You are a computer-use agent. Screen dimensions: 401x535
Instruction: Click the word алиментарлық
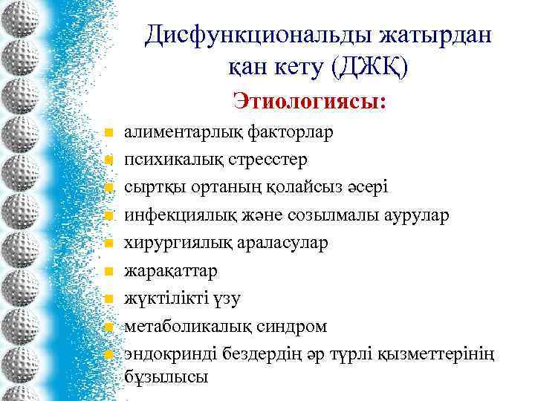click(x=172, y=133)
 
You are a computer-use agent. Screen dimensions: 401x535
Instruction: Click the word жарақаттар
click(x=170, y=271)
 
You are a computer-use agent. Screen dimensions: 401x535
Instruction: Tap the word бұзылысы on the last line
click(x=166, y=377)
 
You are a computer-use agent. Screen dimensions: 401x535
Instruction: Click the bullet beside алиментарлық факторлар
click(x=108, y=134)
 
